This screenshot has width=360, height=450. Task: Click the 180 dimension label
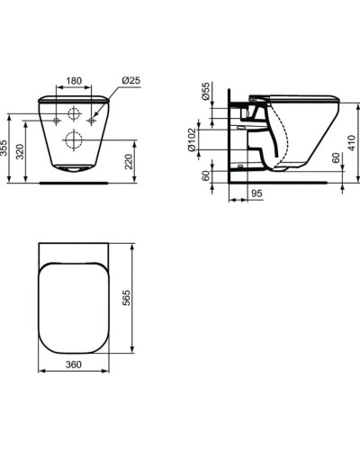[x=74, y=81]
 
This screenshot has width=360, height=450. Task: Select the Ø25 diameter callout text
[x=131, y=80]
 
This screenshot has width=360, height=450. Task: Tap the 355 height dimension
[x=4, y=148]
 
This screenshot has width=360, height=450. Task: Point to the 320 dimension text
[x=20, y=152]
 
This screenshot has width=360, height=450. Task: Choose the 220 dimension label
[x=129, y=161]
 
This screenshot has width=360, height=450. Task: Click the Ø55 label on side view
[x=206, y=91]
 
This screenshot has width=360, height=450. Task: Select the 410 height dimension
[x=351, y=143]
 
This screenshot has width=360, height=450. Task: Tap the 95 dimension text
[x=256, y=193]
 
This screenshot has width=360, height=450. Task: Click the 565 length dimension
[x=127, y=298]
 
